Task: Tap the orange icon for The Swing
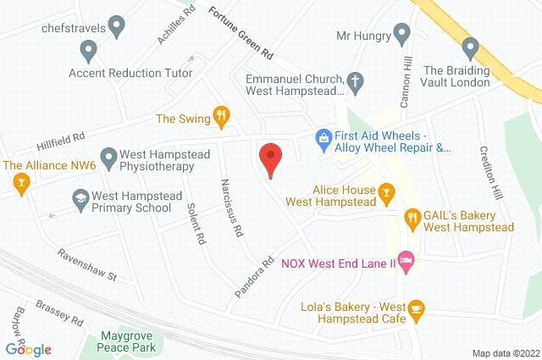222,117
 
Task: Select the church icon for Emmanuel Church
357,82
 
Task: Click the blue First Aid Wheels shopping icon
322,136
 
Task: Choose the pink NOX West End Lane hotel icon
406,263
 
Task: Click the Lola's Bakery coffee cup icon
416,311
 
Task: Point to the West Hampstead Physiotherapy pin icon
108,157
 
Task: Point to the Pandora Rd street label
256,276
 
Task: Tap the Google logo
28,349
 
